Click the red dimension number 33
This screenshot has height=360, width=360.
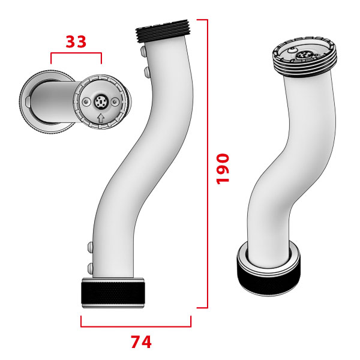[x=76, y=41]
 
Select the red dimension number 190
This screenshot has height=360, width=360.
[x=223, y=169]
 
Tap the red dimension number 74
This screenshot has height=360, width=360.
[x=141, y=342]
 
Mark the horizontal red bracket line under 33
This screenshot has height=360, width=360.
[x=76, y=53]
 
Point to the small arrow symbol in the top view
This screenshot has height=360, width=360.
[x=101, y=118]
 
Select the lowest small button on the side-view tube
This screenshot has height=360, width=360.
[x=89, y=266]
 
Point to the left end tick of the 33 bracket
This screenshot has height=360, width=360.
[x=51, y=59]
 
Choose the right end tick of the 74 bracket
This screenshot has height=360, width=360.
[x=190, y=322]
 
